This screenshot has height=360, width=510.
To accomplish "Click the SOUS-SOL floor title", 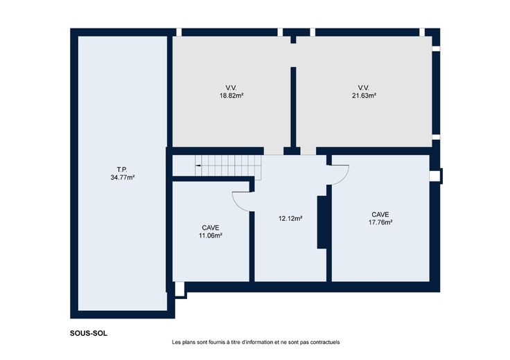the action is coord(89,334).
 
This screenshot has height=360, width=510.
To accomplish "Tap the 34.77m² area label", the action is coord(123,177).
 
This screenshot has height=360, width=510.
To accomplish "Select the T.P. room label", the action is coord(122,170).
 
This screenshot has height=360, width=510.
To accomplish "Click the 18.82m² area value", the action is coord(231,96).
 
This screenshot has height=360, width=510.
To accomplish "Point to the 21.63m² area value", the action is coord(364,96).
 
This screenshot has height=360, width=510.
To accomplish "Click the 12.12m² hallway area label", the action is coord(290,218).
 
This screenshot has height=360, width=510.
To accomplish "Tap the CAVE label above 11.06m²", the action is coord(211,228).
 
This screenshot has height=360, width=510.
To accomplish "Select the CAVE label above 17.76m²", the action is coord(380,215).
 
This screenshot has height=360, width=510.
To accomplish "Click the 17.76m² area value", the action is coord(380,222).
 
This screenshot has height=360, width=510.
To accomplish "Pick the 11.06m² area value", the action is coord(211,236).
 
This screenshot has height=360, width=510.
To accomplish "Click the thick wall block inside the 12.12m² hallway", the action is coord(322,222).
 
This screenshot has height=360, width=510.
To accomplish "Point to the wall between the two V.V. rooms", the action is coord(293,107).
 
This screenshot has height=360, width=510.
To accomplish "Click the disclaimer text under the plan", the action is coord(256,342).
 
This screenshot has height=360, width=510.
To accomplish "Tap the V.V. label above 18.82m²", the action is coord(231,87).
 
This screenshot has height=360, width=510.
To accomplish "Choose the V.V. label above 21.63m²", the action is coord(364,87).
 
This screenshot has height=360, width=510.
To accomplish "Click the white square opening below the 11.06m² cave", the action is coord(179,289).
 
